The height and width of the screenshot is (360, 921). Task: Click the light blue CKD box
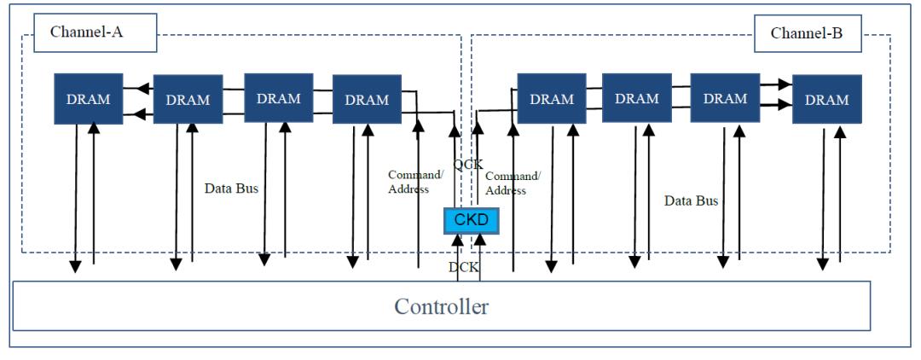point(471,221)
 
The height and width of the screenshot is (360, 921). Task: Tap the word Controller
point(441,306)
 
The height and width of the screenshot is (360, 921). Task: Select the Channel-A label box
point(96,32)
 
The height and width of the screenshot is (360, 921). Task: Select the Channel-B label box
point(807,33)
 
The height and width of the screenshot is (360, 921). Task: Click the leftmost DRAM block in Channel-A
point(88,99)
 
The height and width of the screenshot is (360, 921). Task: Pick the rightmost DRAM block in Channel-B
point(827,99)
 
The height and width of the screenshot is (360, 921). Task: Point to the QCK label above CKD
point(468,165)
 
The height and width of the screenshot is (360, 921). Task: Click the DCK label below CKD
point(464,268)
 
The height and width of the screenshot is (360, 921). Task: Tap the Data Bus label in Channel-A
point(231,189)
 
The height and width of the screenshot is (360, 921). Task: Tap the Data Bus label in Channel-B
point(692,200)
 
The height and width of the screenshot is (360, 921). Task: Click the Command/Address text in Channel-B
point(513,183)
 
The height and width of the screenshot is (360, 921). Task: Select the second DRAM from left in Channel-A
point(188,99)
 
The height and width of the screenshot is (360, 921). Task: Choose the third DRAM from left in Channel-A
point(278,97)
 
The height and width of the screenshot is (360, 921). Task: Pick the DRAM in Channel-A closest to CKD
point(367,99)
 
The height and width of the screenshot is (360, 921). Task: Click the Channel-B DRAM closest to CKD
point(552,99)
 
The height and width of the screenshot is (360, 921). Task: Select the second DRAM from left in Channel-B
point(637,97)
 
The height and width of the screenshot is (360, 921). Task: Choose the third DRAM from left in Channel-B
point(725,97)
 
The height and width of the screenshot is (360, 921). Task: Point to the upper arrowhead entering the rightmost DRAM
point(785,84)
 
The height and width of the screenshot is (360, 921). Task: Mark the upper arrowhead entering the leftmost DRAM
point(130,90)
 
